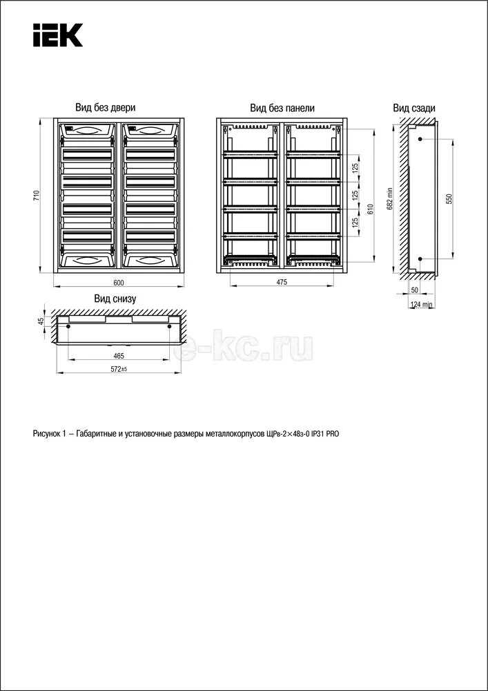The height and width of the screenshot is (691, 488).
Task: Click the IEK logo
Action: click(57, 35)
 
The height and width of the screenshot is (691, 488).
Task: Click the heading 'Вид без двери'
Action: click(106, 108)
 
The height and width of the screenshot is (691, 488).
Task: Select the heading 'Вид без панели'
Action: click(282, 108)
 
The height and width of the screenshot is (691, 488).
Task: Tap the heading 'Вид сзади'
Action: click(414, 108)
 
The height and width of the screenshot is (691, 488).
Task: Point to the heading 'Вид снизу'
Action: click(115, 299)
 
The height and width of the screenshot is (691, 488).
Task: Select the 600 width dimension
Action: click(118, 283)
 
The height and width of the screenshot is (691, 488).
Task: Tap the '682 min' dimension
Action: click(390, 197)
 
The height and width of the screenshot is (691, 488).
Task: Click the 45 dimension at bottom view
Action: click(41, 321)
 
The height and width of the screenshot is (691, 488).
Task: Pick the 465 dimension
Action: click(118, 355)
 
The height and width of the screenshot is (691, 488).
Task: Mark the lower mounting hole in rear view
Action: click(420, 259)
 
